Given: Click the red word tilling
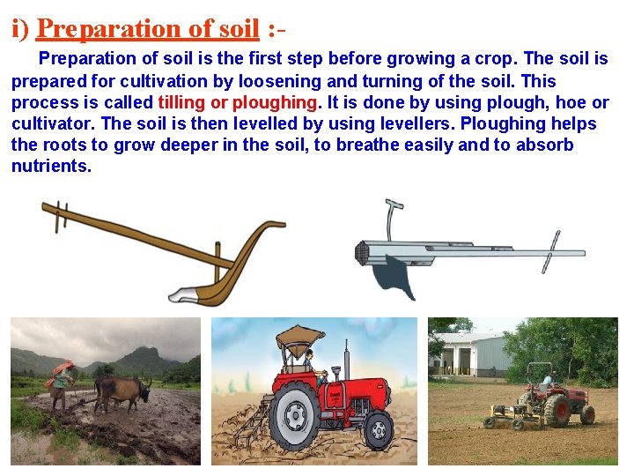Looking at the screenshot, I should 181,102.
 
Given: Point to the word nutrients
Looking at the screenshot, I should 50,167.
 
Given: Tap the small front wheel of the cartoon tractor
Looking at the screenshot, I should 379,430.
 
